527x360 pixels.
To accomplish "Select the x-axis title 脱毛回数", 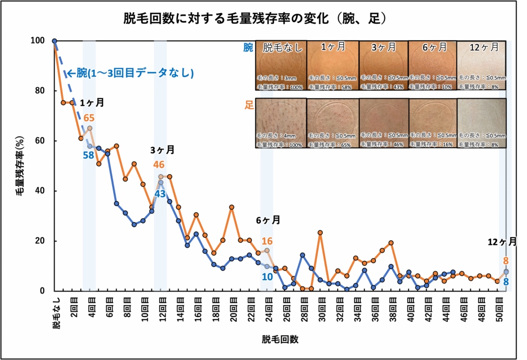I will [280, 339].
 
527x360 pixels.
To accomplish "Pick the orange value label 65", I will [89, 118].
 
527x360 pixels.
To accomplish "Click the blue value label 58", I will [87, 155].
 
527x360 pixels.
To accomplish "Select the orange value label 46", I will [159, 165].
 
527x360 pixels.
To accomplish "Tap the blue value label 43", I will [160, 194].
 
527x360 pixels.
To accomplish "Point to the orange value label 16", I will [267, 241].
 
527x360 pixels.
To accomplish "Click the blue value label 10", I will [267, 277].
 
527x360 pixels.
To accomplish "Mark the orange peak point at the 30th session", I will [320, 232].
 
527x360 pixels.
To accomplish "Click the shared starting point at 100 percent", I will [55, 41].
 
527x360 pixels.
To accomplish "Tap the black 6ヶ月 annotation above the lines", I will [268, 220].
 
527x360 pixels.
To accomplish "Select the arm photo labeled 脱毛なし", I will [281, 66].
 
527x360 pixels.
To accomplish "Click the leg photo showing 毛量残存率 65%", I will [331, 123].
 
